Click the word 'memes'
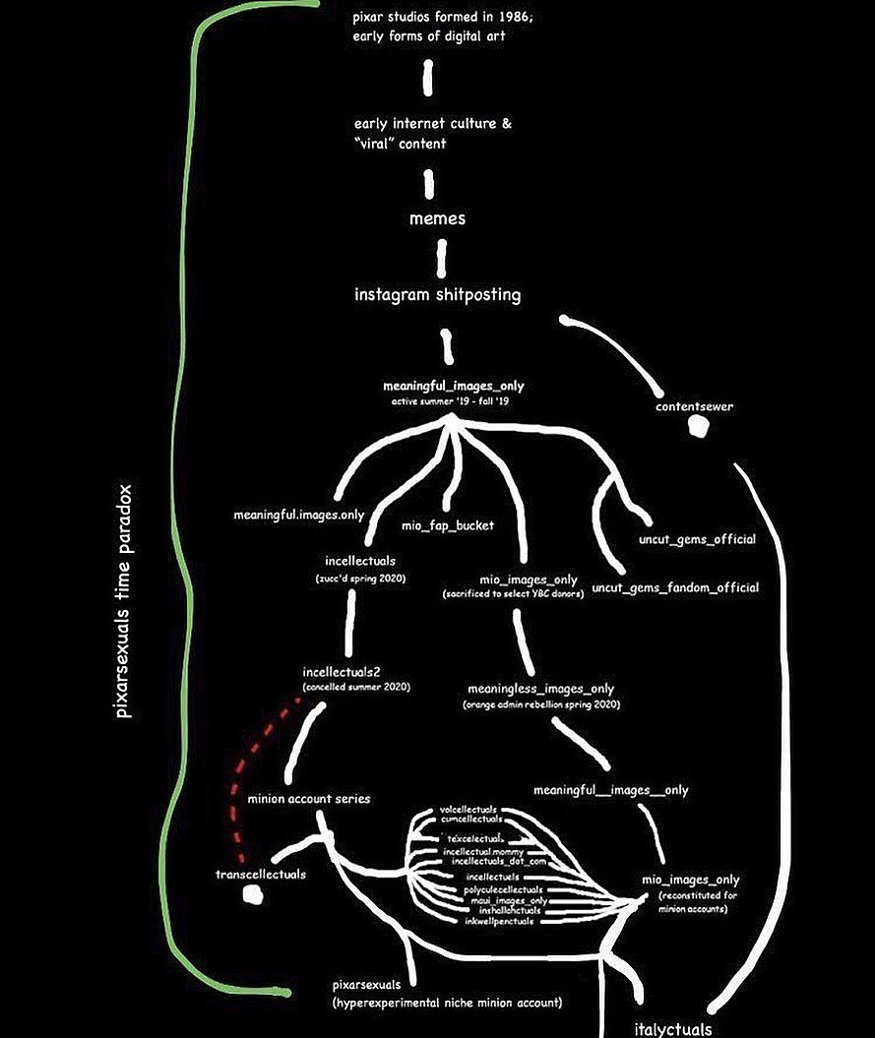(437, 218)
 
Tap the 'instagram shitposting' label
(437, 295)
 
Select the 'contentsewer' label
(695, 405)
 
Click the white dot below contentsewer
(697, 427)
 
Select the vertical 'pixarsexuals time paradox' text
(123, 601)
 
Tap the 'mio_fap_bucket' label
(448, 524)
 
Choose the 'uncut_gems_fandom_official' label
(675, 588)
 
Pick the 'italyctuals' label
(673, 1029)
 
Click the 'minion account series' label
(309, 798)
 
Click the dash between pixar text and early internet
(429, 78)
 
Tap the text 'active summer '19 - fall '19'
(447, 401)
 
